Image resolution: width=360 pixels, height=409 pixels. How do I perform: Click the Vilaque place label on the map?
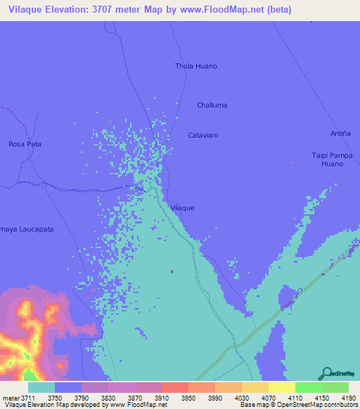[182, 208]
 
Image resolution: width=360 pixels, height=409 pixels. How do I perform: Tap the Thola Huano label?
[196, 66]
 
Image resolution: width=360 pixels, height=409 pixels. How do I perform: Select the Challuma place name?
[212, 105]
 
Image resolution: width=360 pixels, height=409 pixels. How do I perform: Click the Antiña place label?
[340, 134]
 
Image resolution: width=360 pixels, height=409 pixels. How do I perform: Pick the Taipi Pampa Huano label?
[332, 160]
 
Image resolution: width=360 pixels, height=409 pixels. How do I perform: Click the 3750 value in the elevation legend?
[54, 398]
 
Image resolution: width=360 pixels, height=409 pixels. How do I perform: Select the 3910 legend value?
[162, 398]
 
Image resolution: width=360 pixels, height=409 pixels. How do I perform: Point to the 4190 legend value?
[349, 398]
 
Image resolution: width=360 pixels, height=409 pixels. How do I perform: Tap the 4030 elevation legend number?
[242, 398]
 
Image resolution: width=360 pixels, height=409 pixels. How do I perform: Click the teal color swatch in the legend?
[41, 387]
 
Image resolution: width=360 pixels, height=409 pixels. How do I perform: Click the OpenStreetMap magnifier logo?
[325, 374]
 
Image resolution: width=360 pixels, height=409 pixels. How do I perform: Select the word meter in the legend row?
[13, 398]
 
